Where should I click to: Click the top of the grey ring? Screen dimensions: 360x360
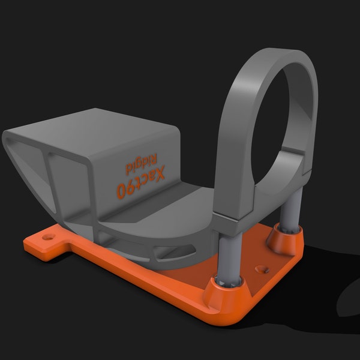pyautogui.click(x=282, y=58)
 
